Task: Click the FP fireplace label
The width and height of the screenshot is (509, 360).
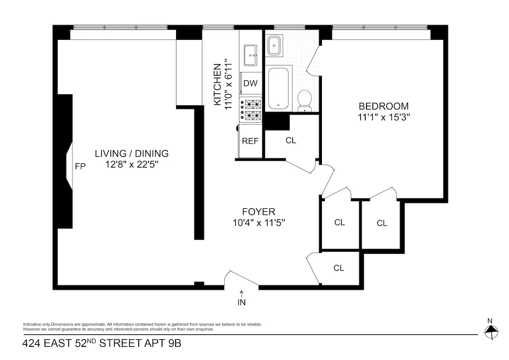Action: [80, 166]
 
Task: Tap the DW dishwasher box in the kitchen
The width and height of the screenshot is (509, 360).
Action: [250, 83]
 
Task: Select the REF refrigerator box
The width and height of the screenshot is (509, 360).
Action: [250, 141]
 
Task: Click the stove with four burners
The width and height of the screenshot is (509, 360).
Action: [252, 109]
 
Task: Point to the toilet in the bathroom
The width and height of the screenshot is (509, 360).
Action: [305, 100]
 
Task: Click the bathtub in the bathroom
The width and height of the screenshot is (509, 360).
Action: [279, 88]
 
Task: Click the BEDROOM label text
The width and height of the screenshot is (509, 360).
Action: [384, 106]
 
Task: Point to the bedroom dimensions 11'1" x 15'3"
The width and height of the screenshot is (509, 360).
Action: [384, 117]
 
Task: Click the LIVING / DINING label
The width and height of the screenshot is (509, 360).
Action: [131, 154]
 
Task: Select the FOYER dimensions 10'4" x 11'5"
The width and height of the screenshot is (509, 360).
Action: [259, 222]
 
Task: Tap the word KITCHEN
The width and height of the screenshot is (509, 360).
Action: [217, 84]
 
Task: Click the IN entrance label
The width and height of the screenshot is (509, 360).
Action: [242, 303]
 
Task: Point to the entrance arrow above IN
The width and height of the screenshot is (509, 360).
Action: [242, 293]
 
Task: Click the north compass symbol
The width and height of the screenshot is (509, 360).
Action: [491, 329]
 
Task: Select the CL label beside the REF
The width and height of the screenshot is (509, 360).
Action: [291, 141]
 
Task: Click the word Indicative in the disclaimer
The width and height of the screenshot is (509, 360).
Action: [32, 324]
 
